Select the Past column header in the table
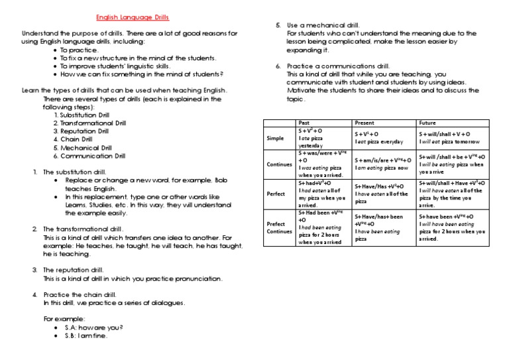point(304,123)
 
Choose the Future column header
point(427,123)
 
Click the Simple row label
point(275,138)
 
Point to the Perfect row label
point(276,194)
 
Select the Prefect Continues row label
point(279,228)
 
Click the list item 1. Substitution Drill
point(87,115)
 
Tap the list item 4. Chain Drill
point(76,139)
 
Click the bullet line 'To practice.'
point(79,50)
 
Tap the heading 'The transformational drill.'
point(87,229)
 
